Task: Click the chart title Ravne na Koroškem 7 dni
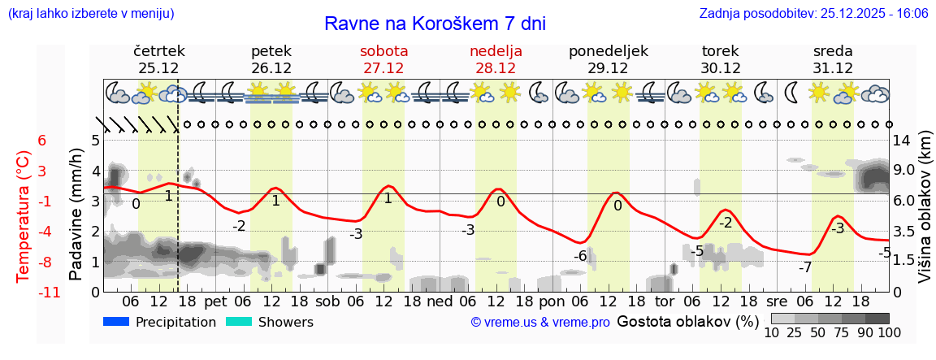[x=435, y=23]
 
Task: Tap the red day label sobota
[x=383, y=51]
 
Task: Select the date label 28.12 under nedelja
[x=496, y=68]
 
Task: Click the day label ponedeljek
[x=608, y=51]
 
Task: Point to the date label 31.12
[x=833, y=68]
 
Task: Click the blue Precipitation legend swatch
[x=116, y=322]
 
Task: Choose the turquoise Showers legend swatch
[x=238, y=322]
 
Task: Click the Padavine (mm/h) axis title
[x=76, y=215]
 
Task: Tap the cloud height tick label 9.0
[x=904, y=171]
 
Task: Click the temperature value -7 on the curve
[x=805, y=267]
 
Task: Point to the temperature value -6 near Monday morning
[x=580, y=256]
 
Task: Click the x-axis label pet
[x=215, y=301]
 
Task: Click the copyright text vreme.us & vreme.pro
[x=540, y=323]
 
